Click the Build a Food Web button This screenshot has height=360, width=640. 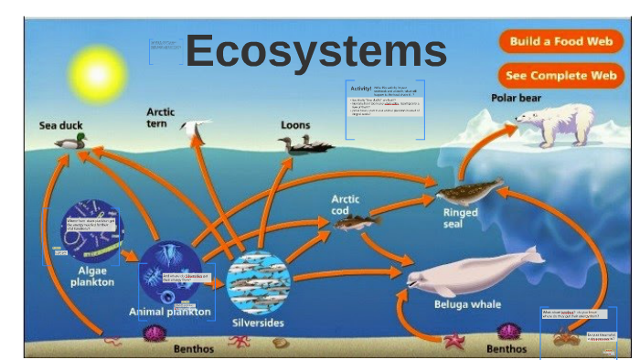tap(560, 42)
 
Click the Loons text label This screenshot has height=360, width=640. tap(295, 125)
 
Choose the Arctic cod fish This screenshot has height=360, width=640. tap(357, 221)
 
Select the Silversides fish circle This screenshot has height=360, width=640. tap(258, 282)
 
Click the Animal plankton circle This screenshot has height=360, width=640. tap(170, 270)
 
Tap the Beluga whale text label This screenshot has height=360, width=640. tap(467, 304)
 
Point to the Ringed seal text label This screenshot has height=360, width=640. tap(460, 219)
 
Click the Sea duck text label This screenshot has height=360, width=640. tap(60, 125)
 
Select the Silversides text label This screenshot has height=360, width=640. tap(258, 323)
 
